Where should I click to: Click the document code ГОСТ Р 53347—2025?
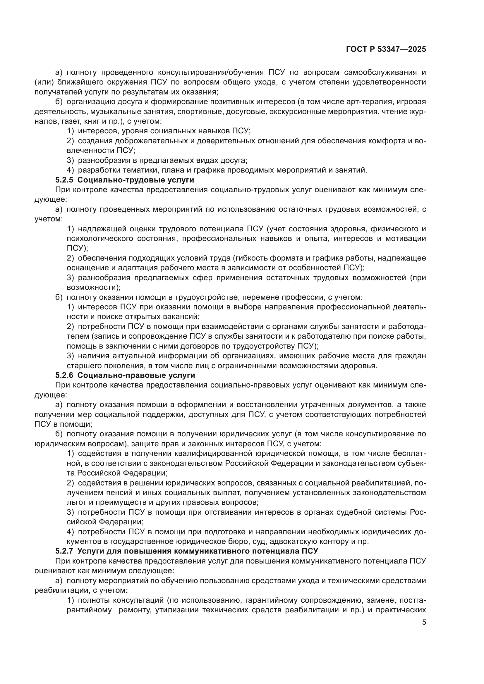(x=386, y=49)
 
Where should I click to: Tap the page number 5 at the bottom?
(x=424, y=622)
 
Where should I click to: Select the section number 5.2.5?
(x=64, y=180)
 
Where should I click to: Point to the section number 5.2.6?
(x=64, y=375)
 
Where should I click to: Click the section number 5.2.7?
(x=64, y=551)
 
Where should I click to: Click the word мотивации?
(x=406, y=239)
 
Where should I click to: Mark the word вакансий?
(x=182, y=317)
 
